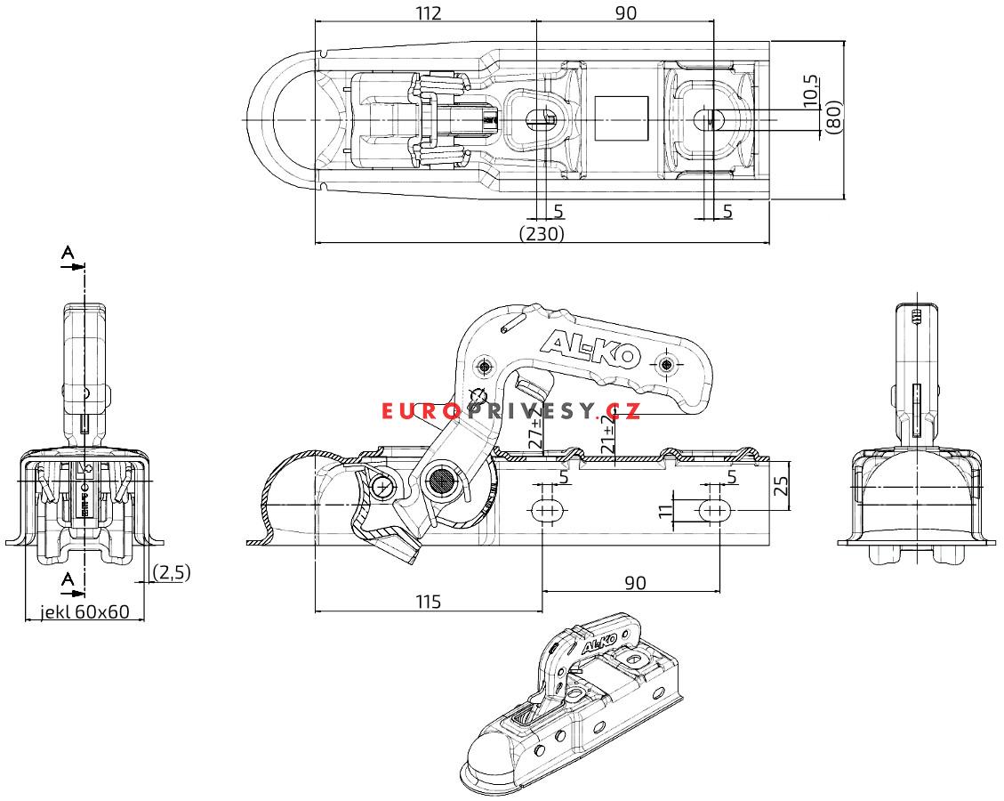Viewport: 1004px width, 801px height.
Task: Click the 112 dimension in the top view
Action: click(x=429, y=12)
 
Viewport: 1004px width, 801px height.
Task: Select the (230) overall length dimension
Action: click(x=542, y=233)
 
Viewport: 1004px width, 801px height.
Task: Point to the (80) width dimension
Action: click(x=833, y=117)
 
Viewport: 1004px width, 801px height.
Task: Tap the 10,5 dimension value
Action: click(x=810, y=91)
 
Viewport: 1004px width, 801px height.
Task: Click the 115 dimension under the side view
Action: click(x=429, y=602)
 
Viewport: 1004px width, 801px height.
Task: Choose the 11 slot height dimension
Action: click(x=666, y=510)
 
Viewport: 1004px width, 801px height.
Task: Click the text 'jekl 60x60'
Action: click(x=84, y=612)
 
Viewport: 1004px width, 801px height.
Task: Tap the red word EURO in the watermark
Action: click(x=421, y=411)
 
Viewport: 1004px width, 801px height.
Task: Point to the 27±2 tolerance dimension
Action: click(x=536, y=430)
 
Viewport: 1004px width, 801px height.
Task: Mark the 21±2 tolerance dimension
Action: click(x=608, y=433)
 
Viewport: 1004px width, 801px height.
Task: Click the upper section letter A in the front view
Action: click(x=68, y=253)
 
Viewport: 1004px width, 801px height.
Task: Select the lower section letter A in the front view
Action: click(x=68, y=580)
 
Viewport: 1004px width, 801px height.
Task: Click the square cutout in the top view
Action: click(x=621, y=118)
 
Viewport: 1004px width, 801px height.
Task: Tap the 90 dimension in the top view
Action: click(x=625, y=12)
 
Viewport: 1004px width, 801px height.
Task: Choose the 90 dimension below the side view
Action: click(x=635, y=583)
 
